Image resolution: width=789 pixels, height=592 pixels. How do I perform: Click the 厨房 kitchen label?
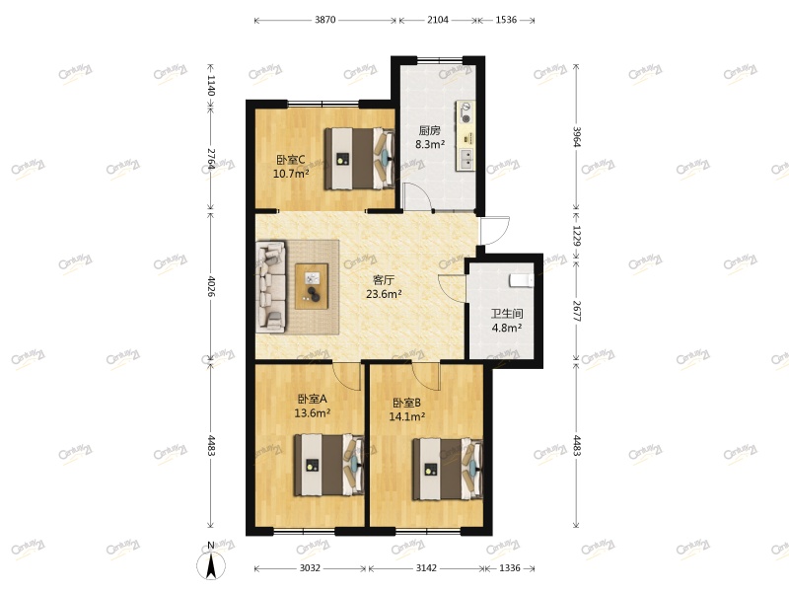(428, 129)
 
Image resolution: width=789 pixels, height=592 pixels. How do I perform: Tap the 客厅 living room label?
(384, 279)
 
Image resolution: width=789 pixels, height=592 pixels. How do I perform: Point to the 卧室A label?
(312, 400)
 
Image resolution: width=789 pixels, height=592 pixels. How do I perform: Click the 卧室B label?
(407, 403)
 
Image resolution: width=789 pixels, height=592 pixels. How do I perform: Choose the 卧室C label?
(290, 160)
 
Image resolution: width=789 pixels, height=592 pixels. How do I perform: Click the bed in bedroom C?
(359, 158)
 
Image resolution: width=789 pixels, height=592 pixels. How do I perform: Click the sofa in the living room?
(270, 285)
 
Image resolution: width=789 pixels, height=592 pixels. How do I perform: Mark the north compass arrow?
(210, 564)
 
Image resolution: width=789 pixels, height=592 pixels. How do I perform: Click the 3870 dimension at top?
(325, 20)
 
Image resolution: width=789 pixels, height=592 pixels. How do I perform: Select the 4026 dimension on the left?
(210, 286)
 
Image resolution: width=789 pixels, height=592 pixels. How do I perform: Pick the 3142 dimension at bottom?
(426, 567)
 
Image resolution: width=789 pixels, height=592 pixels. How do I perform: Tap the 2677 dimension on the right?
(577, 312)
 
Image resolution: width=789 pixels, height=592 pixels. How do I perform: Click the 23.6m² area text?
(384, 294)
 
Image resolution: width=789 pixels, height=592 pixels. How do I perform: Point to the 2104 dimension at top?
(437, 20)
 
